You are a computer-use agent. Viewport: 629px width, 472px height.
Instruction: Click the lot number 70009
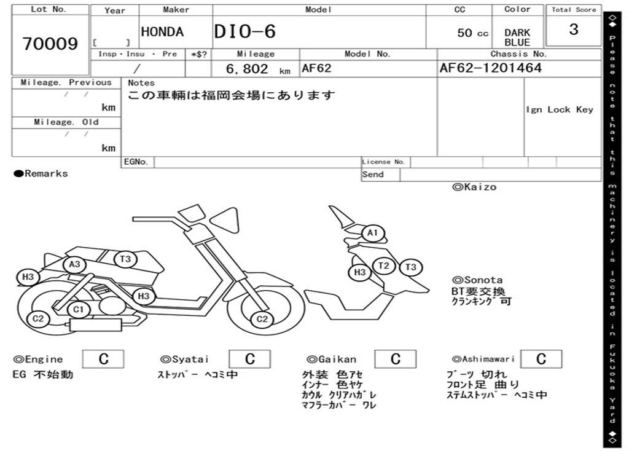(50, 44)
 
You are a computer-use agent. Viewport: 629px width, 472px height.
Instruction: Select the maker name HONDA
(162, 32)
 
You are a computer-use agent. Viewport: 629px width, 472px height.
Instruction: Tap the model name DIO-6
(245, 32)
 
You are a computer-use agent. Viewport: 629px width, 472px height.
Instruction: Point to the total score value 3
(574, 29)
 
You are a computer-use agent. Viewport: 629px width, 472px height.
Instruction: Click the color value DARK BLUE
(517, 37)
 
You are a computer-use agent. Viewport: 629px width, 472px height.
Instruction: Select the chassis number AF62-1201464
(490, 68)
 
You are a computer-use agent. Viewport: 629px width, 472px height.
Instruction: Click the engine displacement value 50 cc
(472, 33)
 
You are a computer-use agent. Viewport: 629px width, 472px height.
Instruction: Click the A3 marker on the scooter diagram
(75, 264)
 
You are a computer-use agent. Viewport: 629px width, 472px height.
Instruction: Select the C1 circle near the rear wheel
(78, 309)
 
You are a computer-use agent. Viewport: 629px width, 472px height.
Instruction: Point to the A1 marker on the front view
(372, 234)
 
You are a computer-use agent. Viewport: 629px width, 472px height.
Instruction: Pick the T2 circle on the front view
(385, 265)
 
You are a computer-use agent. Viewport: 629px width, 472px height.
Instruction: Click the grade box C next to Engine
(103, 360)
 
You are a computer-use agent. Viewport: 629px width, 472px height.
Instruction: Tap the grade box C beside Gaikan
(396, 360)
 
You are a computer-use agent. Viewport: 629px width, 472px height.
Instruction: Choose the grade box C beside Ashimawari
(541, 360)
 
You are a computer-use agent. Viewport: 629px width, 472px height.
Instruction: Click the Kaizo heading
(474, 187)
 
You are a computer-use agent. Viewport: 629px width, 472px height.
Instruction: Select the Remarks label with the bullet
(41, 174)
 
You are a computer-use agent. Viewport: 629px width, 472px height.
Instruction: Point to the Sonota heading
(477, 280)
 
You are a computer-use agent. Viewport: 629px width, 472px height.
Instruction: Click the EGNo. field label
(136, 162)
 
